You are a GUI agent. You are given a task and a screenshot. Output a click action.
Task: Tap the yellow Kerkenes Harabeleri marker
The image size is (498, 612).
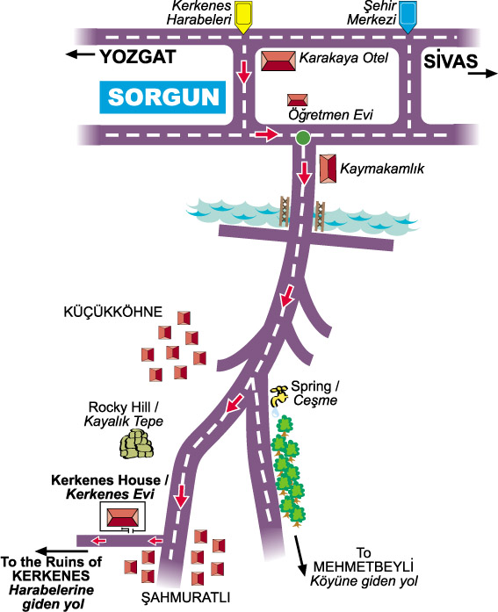243,16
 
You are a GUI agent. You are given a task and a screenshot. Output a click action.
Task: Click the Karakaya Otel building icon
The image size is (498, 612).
278,61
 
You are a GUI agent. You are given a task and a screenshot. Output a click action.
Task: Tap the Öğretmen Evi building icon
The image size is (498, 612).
298,100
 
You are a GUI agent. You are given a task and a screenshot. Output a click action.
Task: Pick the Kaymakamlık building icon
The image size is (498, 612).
326,168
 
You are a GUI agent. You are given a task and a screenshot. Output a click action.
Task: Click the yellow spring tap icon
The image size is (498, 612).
278,395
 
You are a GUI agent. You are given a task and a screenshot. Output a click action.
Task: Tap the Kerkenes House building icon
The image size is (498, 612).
122,517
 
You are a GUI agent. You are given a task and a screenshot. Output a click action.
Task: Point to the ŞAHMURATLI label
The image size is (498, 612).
185,597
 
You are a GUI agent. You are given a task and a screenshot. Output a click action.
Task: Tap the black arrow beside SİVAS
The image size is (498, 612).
481,75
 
